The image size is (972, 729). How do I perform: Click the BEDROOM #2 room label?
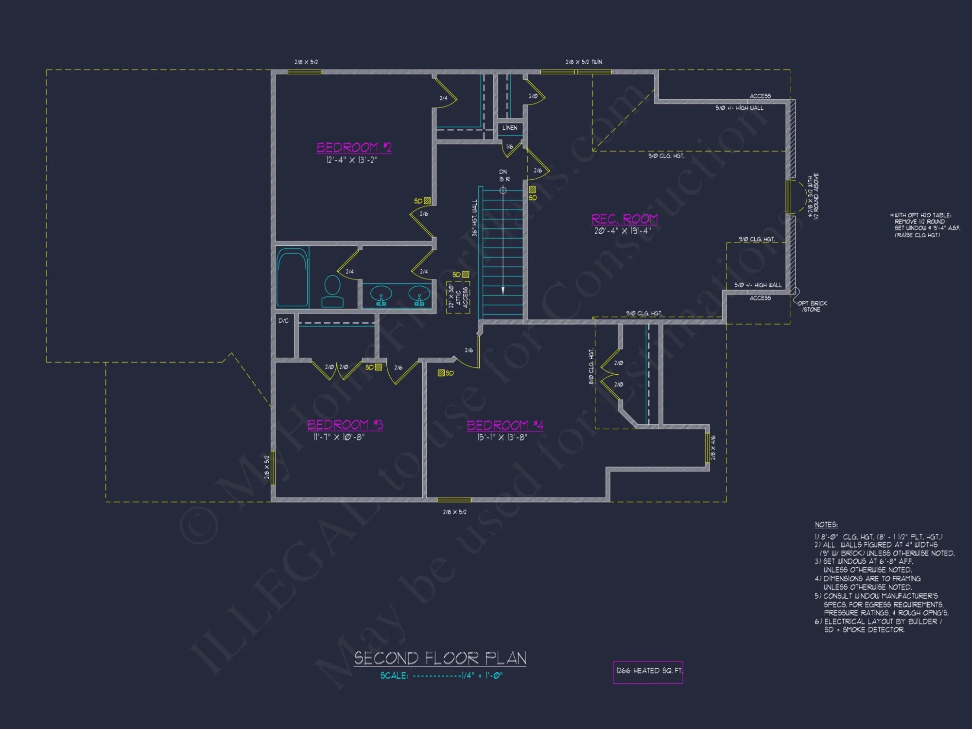[x=354, y=147]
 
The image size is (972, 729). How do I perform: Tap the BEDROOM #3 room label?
[x=345, y=425]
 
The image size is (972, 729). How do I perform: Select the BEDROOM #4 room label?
[x=505, y=425]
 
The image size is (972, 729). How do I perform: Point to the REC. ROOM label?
[x=625, y=219]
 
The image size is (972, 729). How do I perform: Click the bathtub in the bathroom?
[x=293, y=278]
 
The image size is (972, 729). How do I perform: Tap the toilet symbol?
[x=332, y=291]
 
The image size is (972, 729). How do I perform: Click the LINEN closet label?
[x=510, y=128]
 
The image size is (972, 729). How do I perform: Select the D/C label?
[x=283, y=321]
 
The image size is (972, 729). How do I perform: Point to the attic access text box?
[x=458, y=297]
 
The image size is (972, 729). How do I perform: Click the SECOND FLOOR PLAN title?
[x=440, y=658]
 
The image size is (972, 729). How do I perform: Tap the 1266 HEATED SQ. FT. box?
[x=648, y=672]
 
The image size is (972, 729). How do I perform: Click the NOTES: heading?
[x=826, y=525]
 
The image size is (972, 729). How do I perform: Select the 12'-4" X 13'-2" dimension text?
[x=352, y=160]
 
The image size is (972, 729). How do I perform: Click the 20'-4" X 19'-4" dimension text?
[x=623, y=231]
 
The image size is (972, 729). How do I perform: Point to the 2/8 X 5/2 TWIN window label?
[x=584, y=62]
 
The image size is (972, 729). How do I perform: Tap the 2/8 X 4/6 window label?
[x=713, y=448]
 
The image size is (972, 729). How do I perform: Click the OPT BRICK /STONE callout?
[x=812, y=306]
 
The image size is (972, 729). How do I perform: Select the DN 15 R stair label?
[x=504, y=175]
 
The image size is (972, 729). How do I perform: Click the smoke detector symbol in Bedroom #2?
[x=427, y=201]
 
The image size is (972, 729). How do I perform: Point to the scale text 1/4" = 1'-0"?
[x=482, y=676]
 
